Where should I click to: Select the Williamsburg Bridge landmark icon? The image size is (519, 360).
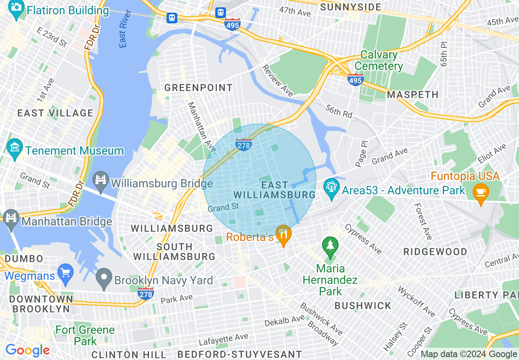tap(100, 182)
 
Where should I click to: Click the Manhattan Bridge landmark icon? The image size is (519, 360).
tap(10, 221)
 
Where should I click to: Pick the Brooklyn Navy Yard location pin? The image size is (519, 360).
tap(104, 279)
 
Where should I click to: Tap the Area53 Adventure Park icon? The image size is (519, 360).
tap(331, 190)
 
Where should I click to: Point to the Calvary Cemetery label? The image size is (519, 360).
tap(379, 61)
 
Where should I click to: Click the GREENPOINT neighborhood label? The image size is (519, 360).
tap(199, 88)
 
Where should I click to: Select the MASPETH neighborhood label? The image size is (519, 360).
tap(413, 94)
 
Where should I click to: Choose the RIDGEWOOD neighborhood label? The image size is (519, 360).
tap(435, 252)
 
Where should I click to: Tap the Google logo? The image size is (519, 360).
tap(27, 350)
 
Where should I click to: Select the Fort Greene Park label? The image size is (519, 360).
tap(85, 335)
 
